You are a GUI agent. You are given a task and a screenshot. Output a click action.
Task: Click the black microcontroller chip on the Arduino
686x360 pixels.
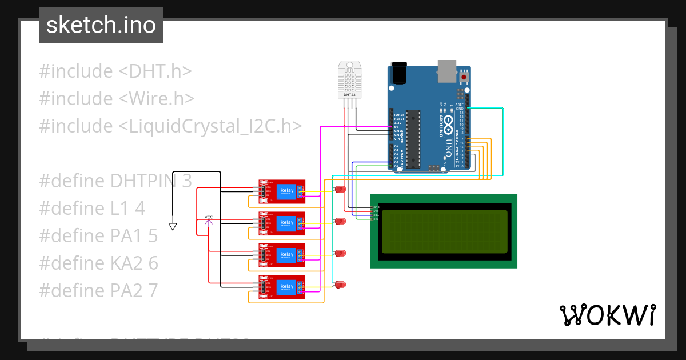413,139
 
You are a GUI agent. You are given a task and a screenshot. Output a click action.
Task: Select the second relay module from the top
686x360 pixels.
281,223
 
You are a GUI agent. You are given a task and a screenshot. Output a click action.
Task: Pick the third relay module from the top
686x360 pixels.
281,255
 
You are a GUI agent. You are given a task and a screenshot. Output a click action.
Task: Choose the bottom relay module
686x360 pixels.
281,287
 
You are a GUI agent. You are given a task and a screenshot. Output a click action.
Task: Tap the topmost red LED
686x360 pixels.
341,189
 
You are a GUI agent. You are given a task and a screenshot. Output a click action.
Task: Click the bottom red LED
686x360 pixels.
341,284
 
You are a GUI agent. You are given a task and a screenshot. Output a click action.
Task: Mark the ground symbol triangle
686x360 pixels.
173,226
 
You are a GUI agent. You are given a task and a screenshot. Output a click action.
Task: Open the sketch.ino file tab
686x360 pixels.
101,26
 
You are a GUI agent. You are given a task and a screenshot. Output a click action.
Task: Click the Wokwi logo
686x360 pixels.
607,315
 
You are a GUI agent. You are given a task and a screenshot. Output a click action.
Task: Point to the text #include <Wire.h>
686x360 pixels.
117,98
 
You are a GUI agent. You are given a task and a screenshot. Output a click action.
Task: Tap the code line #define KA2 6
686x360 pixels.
98,263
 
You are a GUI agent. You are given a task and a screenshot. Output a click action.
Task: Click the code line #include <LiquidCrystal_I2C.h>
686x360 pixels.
170,126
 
